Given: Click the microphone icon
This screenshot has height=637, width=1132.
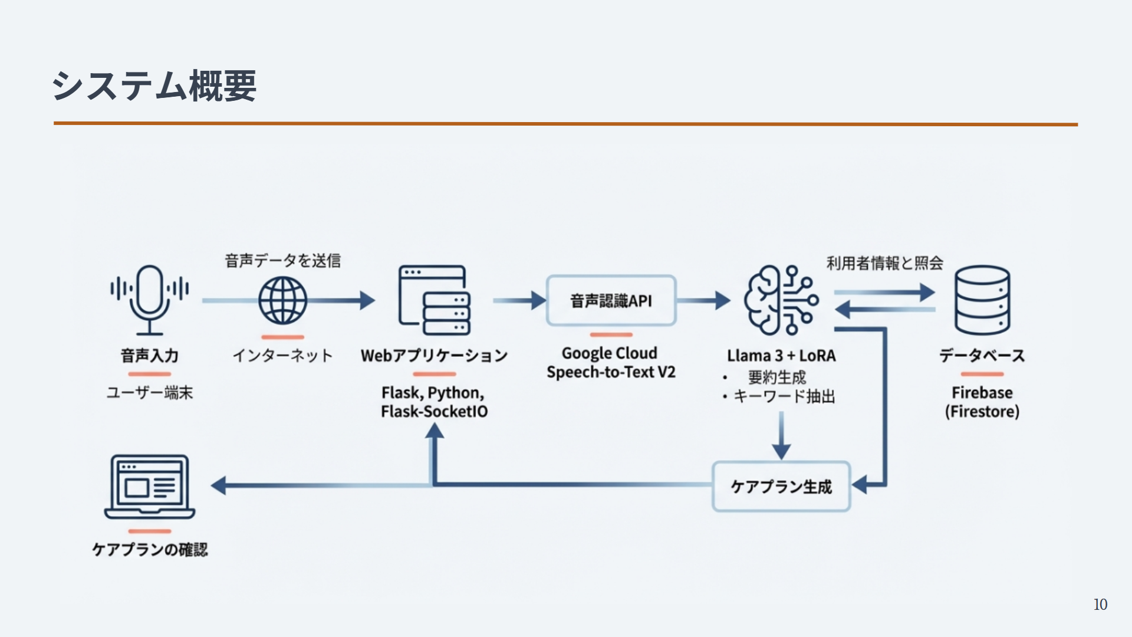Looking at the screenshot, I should click(150, 299).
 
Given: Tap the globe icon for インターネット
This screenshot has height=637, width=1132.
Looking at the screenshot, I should click(283, 300).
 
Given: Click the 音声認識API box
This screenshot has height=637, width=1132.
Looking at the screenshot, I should click(611, 301).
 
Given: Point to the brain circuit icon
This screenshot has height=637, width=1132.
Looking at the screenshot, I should click(781, 300).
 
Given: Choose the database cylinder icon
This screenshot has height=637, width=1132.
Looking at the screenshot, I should click(982, 300).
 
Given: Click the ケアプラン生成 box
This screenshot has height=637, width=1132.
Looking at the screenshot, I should click(781, 487).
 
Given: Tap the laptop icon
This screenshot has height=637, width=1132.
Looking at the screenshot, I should click(150, 487).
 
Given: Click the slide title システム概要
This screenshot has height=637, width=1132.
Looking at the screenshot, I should click(154, 86).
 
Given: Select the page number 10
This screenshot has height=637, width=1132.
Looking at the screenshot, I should click(1100, 605).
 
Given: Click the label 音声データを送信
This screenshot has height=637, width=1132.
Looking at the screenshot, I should click(283, 261).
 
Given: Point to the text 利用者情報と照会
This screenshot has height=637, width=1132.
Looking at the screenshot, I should click(884, 263).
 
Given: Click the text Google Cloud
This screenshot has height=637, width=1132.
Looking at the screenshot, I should click(610, 353).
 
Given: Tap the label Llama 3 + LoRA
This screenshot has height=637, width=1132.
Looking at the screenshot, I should click(781, 356).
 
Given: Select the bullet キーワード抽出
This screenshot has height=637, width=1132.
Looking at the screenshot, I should click(784, 396).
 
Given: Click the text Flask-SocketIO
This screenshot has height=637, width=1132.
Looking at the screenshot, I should click(435, 412).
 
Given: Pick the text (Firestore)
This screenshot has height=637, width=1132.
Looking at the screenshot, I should click(982, 412).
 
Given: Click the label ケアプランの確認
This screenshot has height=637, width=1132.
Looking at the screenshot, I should click(150, 550).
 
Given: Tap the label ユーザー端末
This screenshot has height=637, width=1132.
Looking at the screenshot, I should click(150, 393).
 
